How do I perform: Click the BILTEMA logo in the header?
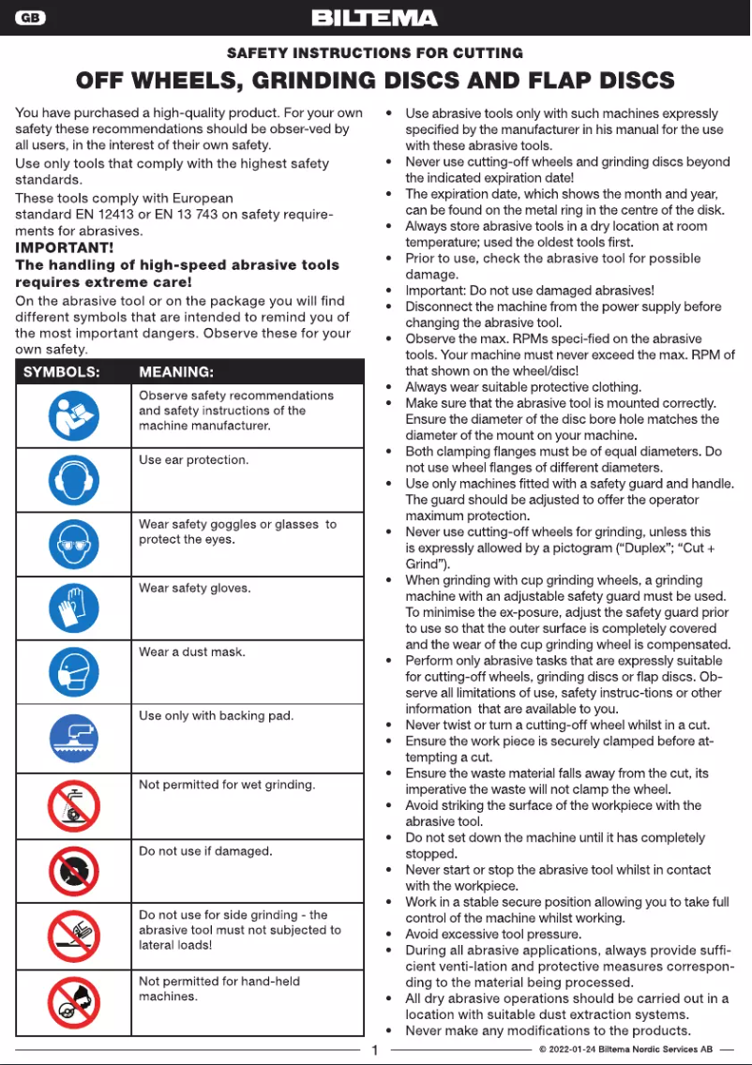[374, 18]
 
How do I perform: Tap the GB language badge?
[29, 18]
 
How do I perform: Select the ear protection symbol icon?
[73, 480]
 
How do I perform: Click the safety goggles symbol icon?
[73, 545]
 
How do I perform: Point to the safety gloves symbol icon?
[73, 608]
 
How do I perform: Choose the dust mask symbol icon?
[73, 672]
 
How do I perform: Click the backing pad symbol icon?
[73, 737]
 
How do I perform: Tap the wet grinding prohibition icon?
[73, 805]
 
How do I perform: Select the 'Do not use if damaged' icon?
[73, 871]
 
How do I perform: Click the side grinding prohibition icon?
[73, 937]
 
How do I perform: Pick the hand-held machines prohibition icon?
[73, 1002]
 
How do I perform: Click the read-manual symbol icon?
[73, 416]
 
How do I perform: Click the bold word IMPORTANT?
[65, 247]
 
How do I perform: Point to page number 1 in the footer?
[374, 1050]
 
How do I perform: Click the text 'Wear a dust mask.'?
[192, 652]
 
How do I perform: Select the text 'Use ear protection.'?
[193, 460]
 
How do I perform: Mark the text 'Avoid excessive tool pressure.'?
[493, 935]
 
